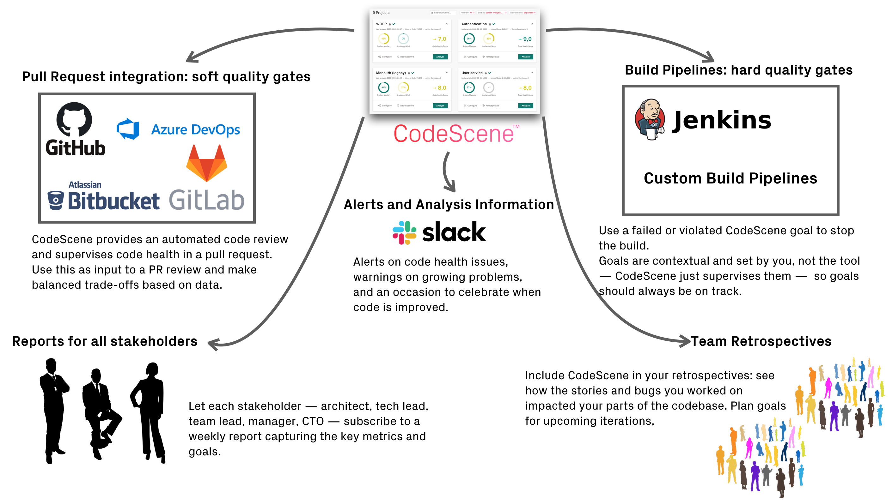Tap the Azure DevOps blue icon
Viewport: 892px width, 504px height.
128,129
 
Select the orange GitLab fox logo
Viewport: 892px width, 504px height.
206,163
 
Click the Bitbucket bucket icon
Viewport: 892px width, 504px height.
56,201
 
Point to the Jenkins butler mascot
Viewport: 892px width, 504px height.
650,119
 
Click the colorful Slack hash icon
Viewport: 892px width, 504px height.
404,233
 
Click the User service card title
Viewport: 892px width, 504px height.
472,73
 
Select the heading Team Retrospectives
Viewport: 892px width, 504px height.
761,341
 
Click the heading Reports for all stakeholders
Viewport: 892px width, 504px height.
105,341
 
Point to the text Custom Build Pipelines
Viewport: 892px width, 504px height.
730,178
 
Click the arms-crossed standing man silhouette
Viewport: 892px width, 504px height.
54,408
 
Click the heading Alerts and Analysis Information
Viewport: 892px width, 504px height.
449,205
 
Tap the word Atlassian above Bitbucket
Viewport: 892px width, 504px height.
85,185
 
